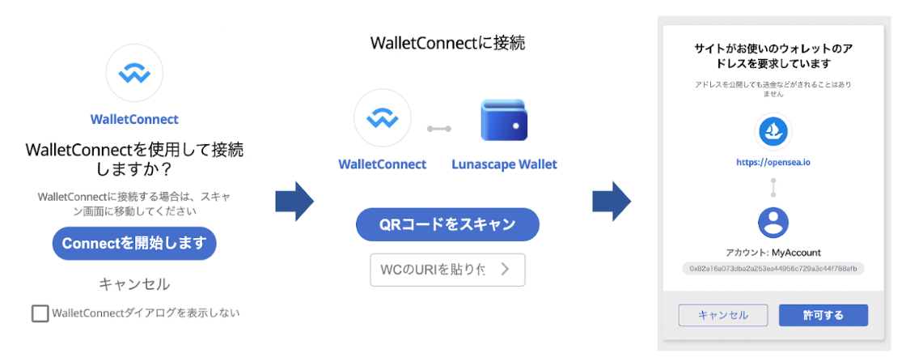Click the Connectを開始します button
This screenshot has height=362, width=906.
[134, 243]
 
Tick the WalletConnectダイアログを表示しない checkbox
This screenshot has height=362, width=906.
[40, 313]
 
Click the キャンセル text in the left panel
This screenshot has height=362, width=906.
[134, 284]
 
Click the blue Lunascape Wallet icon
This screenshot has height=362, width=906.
[504, 121]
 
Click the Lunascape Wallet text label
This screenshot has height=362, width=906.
[504, 164]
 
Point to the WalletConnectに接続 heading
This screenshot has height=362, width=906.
[447, 43]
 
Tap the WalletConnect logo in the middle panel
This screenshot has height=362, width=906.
[382, 121]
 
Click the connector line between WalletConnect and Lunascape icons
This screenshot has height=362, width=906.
[439, 128]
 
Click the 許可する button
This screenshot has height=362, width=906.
[823, 315]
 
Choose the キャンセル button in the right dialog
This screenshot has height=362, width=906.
[723, 315]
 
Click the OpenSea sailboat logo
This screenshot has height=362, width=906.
[773, 130]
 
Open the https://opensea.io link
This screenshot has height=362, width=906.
[773, 162]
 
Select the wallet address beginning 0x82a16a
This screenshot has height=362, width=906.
[773, 267]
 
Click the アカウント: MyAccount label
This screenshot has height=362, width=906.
[773, 252]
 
